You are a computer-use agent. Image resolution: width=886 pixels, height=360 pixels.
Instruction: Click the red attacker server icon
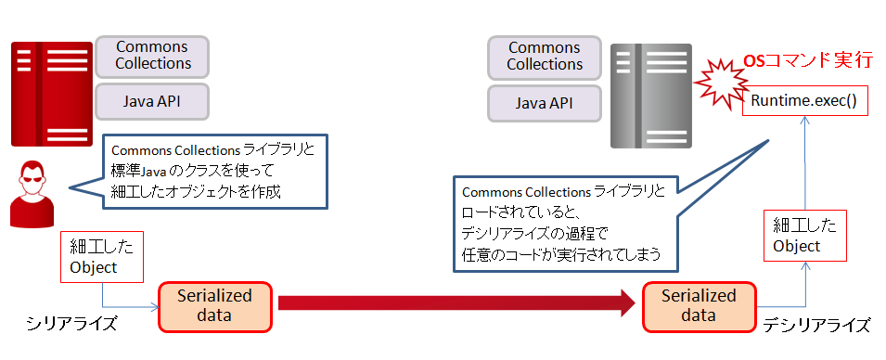(51, 95)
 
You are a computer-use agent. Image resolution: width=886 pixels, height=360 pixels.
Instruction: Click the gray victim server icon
(651, 96)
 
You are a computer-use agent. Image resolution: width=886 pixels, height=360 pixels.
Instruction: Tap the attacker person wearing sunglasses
(32, 194)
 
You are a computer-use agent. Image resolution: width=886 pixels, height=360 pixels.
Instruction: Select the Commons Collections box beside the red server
(152, 56)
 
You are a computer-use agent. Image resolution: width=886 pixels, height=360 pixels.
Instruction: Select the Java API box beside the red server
(152, 101)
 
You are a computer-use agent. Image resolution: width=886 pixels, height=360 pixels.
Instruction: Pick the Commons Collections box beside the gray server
(545, 58)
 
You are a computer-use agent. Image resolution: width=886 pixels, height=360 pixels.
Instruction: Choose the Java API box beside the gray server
(545, 103)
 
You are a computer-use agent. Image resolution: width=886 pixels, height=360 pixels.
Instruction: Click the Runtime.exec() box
(804, 102)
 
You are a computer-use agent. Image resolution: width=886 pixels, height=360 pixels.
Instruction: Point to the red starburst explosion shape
(722, 84)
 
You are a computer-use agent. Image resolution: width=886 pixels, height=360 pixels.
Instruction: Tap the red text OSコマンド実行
(807, 61)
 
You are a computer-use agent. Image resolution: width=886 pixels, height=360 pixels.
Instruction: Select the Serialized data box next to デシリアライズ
(699, 306)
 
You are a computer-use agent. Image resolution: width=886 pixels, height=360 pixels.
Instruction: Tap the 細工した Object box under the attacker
(102, 256)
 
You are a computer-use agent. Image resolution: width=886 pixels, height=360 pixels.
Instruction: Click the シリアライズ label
(71, 324)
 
